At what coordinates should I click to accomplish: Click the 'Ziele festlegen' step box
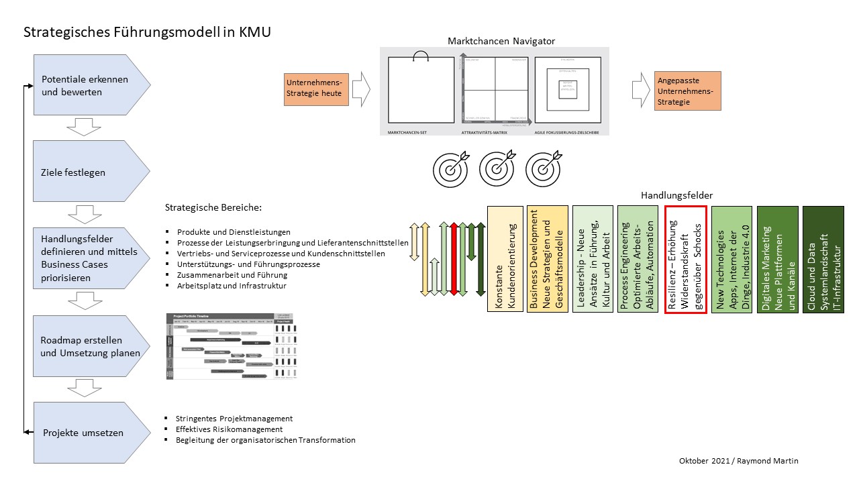click(x=87, y=172)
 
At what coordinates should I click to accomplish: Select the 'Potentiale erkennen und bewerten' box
click(x=87, y=85)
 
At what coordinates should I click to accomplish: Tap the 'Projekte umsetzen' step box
click(x=87, y=433)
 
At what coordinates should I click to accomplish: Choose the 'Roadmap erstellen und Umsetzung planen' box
click(x=87, y=347)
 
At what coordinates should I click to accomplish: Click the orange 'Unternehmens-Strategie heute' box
click(x=316, y=89)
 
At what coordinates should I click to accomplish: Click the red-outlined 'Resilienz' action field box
click(x=685, y=259)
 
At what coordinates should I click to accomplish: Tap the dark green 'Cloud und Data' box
click(x=823, y=259)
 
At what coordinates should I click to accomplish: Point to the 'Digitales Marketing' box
click(x=777, y=259)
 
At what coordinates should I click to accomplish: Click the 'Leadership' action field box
click(x=593, y=259)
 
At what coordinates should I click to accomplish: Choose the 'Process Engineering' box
click(x=638, y=259)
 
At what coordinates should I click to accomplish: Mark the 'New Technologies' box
click(x=731, y=259)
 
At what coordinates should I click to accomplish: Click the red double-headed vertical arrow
click(x=454, y=259)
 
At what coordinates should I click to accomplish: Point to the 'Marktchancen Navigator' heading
click(x=501, y=41)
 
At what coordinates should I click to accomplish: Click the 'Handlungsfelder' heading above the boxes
click(x=676, y=195)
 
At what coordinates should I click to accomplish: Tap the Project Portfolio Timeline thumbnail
click(x=231, y=346)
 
